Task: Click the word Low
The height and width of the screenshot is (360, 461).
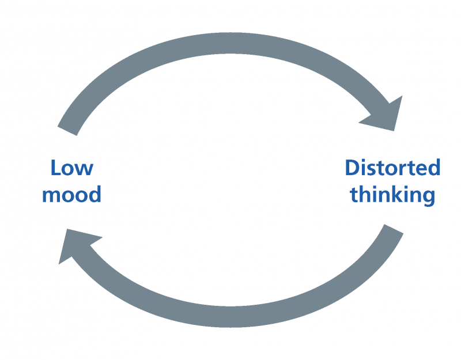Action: coord(72,168)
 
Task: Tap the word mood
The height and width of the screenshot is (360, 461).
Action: coord(71,194)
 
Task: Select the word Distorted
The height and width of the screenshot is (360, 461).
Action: coord(392,168)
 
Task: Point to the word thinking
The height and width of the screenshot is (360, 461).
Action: coord(392,195)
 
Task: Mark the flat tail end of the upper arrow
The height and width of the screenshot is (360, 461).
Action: coord(67,131)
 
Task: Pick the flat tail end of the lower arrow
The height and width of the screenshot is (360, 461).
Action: coord(394,229)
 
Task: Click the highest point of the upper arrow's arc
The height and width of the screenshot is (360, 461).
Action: coord(231,33)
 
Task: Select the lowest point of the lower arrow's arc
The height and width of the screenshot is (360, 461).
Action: coord(231,327)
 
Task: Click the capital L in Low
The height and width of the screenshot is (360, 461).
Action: coord(56,168)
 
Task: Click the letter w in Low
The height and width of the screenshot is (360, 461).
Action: coord(85,170)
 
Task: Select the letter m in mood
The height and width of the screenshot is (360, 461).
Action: coord(51,196)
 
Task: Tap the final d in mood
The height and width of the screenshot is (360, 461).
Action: coord(95,194)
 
